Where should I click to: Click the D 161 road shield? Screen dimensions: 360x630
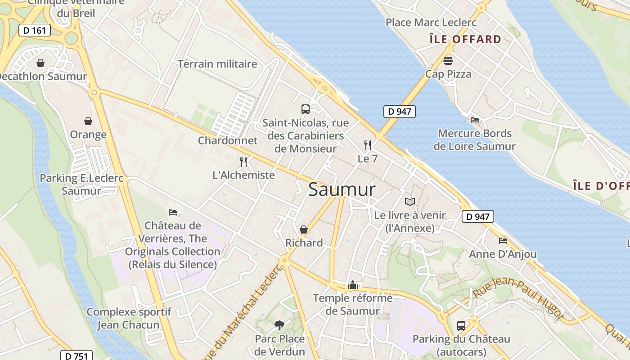(34, 31)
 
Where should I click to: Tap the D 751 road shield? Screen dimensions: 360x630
(76, 356)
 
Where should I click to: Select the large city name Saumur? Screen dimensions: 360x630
(342, 189)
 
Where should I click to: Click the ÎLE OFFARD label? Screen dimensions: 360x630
(465, 39)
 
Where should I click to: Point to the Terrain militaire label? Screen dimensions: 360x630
(217, 64)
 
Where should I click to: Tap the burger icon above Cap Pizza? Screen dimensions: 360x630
(448, 60)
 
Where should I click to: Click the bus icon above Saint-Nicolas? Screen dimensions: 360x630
(305, 109)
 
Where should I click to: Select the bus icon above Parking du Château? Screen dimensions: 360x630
(461, 325)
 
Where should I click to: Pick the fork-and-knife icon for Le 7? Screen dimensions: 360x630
(368, 145)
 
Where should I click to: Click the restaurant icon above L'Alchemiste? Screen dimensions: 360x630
(243, 162)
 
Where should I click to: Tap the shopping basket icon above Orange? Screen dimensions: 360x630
(88, 121)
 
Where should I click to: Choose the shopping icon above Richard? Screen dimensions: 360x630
(304, 229)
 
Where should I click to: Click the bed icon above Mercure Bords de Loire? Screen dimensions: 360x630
(474, 120)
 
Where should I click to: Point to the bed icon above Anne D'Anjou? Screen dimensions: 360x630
(503, 241)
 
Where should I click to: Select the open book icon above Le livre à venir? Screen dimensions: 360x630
(409, 202)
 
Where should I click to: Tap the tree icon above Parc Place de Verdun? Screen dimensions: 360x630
(279, 325)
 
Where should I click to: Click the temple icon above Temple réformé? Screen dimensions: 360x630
(353, 285)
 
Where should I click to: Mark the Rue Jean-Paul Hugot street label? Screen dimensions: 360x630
(518, 298)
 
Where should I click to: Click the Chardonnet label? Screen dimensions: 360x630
(228, 140)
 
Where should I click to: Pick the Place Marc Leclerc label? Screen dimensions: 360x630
(431, 22)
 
